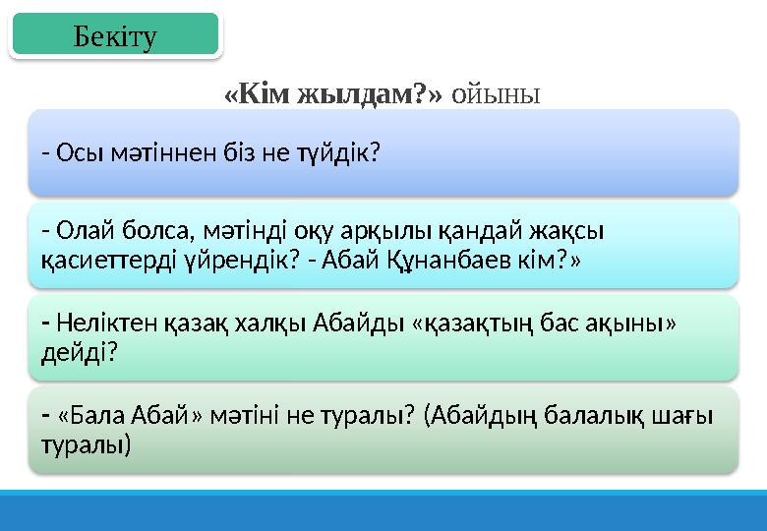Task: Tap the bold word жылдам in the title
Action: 339,94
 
